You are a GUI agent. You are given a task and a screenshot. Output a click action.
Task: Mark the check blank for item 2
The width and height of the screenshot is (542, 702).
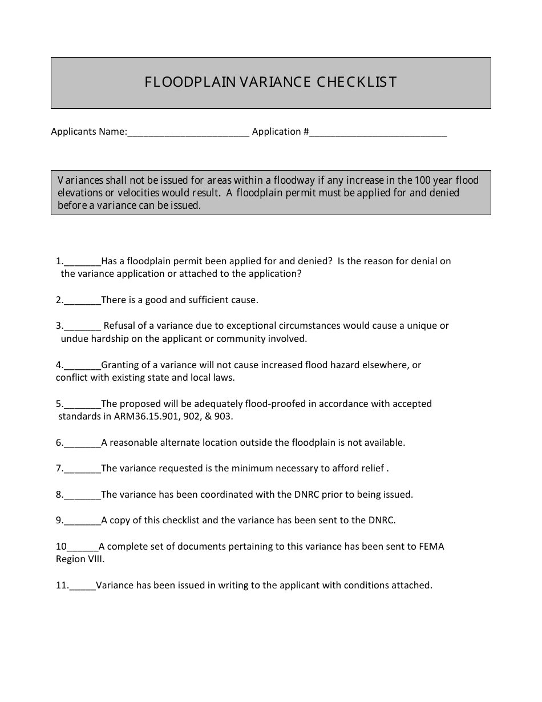pos(82,301)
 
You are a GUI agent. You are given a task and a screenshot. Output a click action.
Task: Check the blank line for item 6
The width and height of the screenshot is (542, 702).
pos(82,443)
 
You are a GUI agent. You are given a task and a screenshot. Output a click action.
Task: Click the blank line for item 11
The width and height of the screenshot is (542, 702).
pos(83,586)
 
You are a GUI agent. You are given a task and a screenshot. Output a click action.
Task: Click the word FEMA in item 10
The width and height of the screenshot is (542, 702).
pos(431,547)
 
